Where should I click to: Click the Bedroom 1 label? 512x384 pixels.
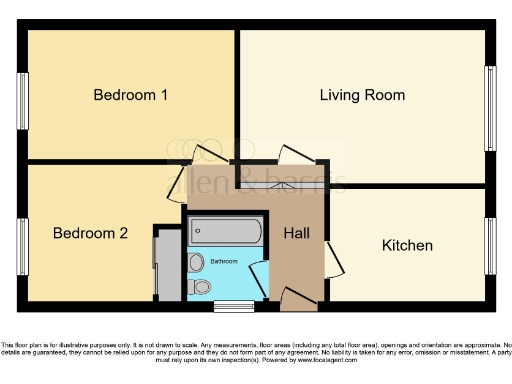click(130, 95)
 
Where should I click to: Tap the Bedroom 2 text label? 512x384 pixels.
click(90, 234)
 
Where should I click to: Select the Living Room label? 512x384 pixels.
click(362, 95)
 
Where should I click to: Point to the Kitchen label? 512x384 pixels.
click(407, 245)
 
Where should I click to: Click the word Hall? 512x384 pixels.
click(297, 234)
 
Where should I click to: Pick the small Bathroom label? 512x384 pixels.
click(224, 261)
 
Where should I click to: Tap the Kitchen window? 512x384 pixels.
click(490, 245)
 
